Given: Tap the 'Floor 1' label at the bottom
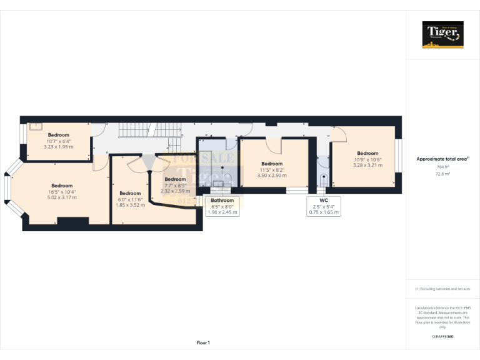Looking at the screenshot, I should (203, 342).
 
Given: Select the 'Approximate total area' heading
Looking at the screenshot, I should (441, 159).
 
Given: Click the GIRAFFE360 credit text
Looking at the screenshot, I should (442, 337).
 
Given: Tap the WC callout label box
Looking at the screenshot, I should (324, 206).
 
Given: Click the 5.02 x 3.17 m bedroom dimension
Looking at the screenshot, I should (61, 197).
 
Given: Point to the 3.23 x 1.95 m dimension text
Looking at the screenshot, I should (58, 146).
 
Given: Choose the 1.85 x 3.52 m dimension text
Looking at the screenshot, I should (130, 204).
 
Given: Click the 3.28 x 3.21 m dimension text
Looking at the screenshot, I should (367, 165).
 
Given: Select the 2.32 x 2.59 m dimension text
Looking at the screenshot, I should (175, 191).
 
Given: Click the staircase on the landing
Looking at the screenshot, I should (136, 131).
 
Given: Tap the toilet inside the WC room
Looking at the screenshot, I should (322, 181).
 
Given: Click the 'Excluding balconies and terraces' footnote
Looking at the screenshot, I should (442, 289).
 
